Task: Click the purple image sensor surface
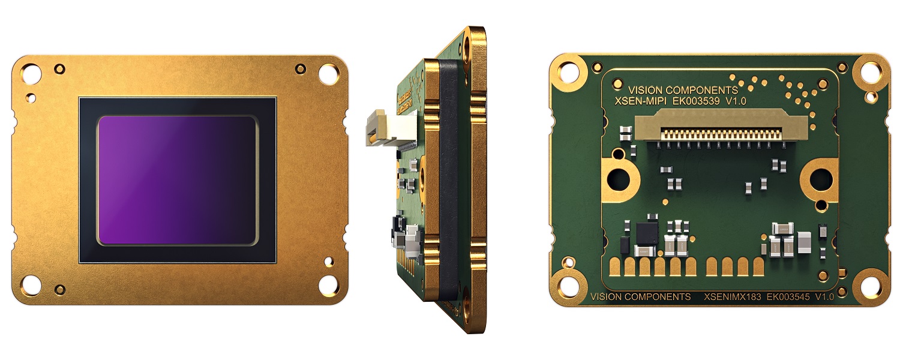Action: pyautogui.click(x=178, y=180)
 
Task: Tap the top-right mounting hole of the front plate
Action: pyautogui.click(x=328, y=74)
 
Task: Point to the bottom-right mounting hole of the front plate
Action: pyautogui.click(x=328, y=284)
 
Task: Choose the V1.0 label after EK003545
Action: pyautogui.click(x=824, y=297)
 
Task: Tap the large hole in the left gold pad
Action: pyautogui.click(x=618, y=178)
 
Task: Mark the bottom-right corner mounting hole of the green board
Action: pyautogui.click(x=870, y=285)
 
